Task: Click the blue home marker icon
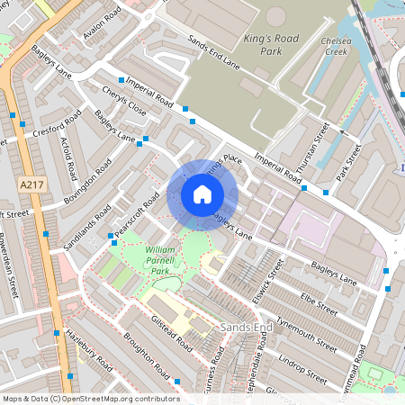tap(202, 193)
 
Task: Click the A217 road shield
tap(31, 184)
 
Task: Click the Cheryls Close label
tap(124, 105)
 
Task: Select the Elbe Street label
tap(319, 303)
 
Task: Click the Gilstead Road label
tap(173, 332)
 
